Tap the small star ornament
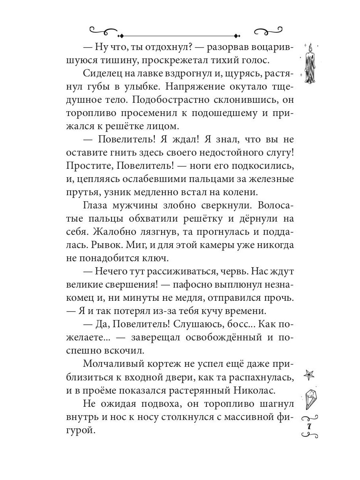309,374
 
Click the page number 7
309,426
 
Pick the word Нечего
110,272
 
